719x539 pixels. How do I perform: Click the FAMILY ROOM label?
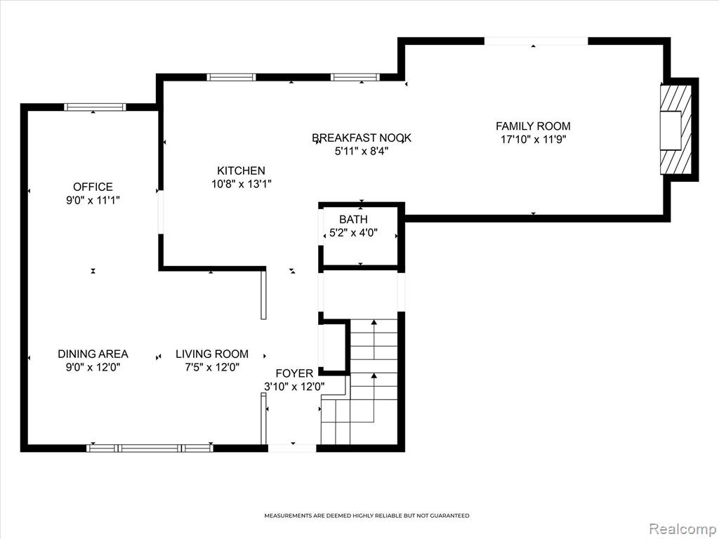pos(533,126)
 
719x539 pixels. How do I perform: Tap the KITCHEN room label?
pos(242,171)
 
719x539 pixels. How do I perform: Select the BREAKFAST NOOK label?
pos(362,138)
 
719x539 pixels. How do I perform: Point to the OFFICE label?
pos(93,187)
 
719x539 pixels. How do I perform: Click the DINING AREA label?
pos(93,354)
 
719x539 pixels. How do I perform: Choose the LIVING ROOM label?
pos(212,354)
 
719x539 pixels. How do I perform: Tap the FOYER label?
pos(294,373)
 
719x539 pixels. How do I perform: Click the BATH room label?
pos(354,219)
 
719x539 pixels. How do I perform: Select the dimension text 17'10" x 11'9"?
pos(534,140)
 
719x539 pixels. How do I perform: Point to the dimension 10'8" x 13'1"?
pos(242,185)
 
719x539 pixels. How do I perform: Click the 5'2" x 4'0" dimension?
pos(354,232)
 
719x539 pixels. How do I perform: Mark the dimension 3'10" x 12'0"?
pos(294,387)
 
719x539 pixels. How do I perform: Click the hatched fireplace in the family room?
pos(675,129)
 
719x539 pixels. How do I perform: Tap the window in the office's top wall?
pos(95,107)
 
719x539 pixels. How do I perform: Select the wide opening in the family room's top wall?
pos(536,41)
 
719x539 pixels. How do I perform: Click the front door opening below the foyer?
pos(292,448)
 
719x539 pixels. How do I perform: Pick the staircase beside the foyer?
pos(359,381)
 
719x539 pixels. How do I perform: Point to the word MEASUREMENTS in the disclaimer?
pos(288,516)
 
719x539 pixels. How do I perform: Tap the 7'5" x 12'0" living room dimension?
pos(212,367)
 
